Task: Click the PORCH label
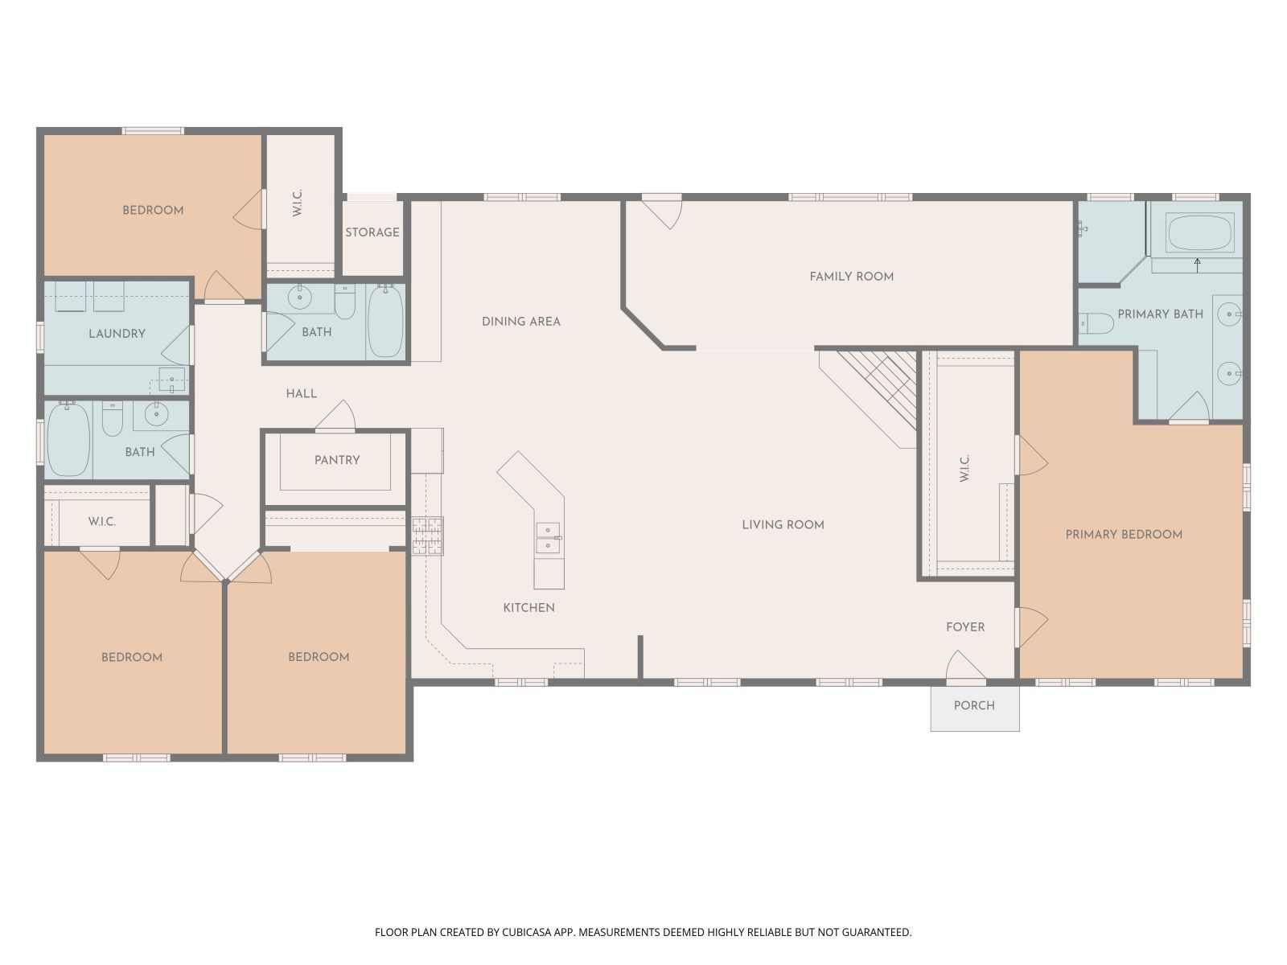coord(974,705)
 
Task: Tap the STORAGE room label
coord(372,232)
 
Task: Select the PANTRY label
coord(337,460)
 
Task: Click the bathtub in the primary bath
coord(1199,232)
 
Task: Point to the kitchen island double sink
coord(549,537)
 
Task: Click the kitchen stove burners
coord(427,536)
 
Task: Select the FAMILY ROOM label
coord(851,277)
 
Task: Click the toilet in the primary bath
coord(1096,323)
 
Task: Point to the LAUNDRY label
coord(117,333)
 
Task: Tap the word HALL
coord(301,393)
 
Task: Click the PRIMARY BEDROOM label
coord(1123,534)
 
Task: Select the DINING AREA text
coord(520,321)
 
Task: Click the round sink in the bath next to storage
coord(299,298)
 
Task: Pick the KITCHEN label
coord(528,607)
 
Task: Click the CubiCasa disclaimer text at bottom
coord(643,932)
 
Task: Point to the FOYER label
coord(964,626)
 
